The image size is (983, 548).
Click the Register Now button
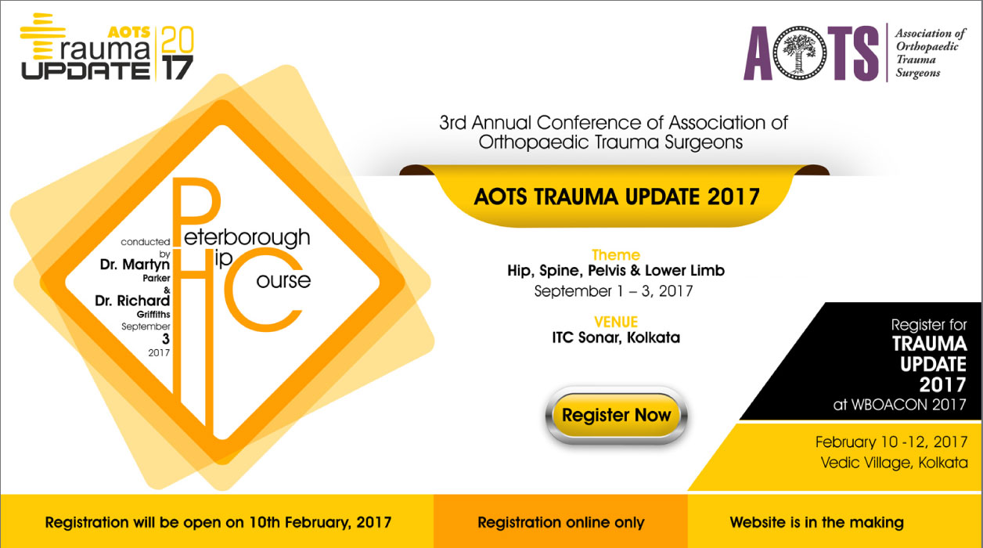[x=616, y=416]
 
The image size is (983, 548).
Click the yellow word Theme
[x=616, y=254]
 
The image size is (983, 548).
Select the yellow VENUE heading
[x=616, y=322]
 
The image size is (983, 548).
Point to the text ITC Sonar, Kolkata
[x=616, y=337]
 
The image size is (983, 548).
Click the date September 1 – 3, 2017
[x=614, y=291]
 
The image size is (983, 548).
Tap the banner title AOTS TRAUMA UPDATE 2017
[x=617, y=196]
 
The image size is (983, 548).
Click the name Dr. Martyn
[x=135, y=265]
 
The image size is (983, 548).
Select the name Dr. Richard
[x=132, y=301]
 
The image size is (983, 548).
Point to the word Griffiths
[x=153, y=315]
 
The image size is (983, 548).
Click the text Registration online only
[x=561, y=522]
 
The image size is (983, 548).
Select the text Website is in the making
[x=816, y=522]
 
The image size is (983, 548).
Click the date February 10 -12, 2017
[x=891, y=442]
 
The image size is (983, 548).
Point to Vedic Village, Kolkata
[x=894, y=463]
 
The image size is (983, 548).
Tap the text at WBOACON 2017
[x=899, y=405]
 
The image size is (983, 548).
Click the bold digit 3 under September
[x=165, y=339]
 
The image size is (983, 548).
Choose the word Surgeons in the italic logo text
[x=917, y=73]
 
